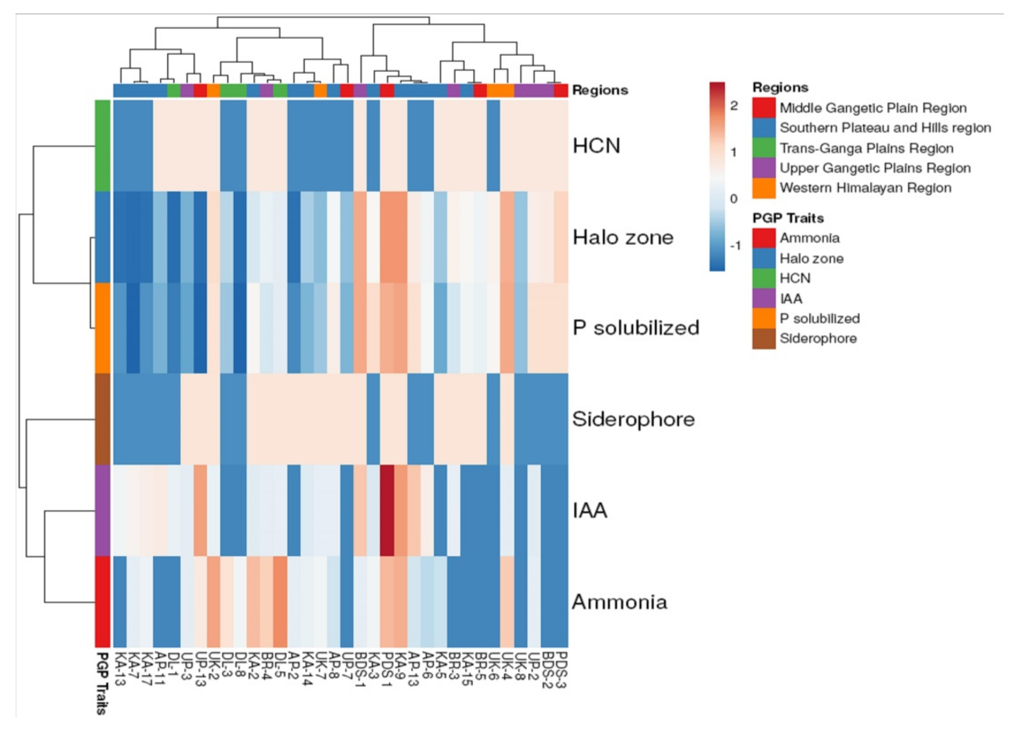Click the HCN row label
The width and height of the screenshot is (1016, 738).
(596, 146)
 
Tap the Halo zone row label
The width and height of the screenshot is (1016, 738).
(623, 237)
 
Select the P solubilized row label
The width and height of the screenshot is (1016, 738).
(636, 328)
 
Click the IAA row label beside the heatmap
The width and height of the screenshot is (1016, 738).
(590, 511)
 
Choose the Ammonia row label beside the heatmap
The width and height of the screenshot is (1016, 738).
(620, 602)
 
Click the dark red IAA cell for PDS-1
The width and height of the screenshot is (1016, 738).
(387, 511)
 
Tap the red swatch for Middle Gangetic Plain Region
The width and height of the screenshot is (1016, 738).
(763, 108)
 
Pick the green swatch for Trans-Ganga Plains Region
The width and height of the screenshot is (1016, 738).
(763, 148)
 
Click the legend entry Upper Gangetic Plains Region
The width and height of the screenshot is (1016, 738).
(875, 168)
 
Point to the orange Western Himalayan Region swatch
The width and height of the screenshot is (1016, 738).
(763, 188)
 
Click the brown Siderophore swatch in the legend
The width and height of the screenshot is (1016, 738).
(763, 338)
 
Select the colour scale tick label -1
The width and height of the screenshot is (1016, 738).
(735, 246)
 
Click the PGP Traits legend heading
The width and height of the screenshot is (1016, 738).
(788, 218)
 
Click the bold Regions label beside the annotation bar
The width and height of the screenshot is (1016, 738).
(600, 91)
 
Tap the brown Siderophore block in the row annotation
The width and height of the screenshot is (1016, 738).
(103, 419)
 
